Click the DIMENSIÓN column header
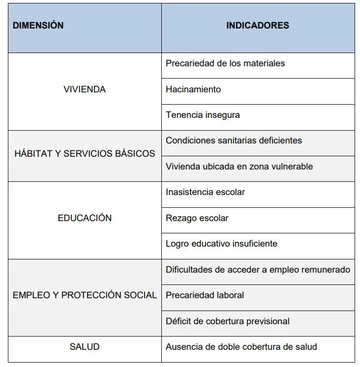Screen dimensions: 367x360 tap(38, 26)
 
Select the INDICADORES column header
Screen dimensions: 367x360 tap(258, 26)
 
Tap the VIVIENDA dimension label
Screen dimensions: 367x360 tap(85, 89)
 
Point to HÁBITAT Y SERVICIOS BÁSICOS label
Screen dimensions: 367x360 tap(84, 153)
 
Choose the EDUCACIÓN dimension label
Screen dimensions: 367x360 tap(85, 218)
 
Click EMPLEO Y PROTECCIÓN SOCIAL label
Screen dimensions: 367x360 tap(85, 295)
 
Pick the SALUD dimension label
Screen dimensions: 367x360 tap(85, 347)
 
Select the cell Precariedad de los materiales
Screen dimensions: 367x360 tap(225, 63)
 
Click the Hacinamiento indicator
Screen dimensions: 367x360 tap(193, 89)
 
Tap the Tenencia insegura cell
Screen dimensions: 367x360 tap(203, 115)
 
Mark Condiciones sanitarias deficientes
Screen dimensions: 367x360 tap(234, 141)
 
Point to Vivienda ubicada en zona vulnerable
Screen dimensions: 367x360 tap(239, 167)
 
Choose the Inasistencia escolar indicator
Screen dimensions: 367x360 tap(205, 192)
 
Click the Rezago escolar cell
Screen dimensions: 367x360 tap(197, 218)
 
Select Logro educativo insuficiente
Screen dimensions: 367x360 tap(221, 244)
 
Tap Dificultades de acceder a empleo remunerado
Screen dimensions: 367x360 tap(258, 270)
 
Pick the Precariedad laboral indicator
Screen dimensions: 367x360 tap(205, 295)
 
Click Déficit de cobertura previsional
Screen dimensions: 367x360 tap(227, 321)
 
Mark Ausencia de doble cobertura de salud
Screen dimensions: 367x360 tap(241, 347)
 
